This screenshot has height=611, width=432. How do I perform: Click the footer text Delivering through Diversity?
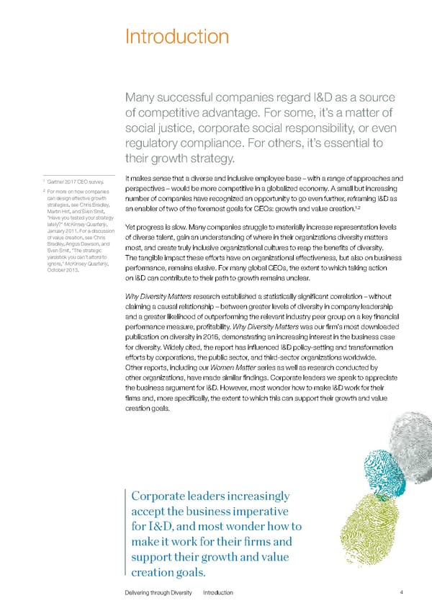coord(160,592)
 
